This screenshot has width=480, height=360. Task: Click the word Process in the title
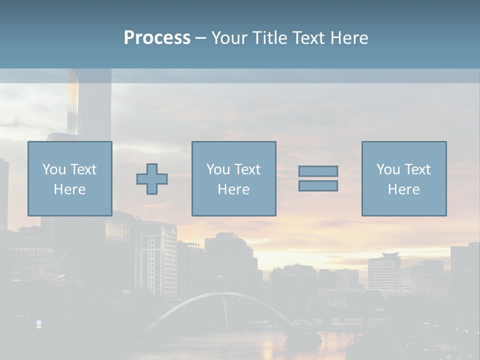(157, 38)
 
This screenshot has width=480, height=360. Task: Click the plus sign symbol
(152, 179)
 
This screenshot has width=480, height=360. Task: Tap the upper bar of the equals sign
(318, 171)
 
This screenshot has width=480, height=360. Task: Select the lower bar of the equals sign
(318, 186)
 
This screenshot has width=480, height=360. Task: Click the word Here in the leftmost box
(69, 189)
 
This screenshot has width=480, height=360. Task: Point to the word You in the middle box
(218, 169)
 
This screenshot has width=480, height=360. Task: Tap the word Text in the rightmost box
(417, 169)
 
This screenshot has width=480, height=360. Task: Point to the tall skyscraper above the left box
(90, 105)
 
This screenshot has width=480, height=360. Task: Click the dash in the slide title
(200, 38)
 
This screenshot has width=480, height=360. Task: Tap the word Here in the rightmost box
(403, 189)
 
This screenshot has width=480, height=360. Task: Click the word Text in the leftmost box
(83, 169)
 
